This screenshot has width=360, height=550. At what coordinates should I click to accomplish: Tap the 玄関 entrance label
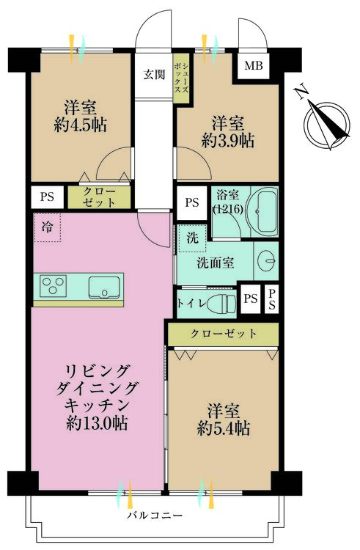pyautogui.click(x=154, y=73)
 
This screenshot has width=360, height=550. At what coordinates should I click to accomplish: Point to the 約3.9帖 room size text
pyautogui.click(x=227, y=141)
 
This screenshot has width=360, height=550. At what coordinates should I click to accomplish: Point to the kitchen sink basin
pyautogui.click(x=103, y=287)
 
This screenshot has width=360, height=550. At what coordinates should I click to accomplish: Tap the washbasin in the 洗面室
pyautogui.click(x=267, y=260)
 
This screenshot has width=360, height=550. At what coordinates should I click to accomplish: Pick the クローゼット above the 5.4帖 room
pyautogui.click(x=224, y=334)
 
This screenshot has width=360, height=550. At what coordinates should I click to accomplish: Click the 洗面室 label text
pyautogui.click(x=214, y=263)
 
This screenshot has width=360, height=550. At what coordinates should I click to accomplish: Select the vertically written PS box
pyautogui.click(x=271, y=298)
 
